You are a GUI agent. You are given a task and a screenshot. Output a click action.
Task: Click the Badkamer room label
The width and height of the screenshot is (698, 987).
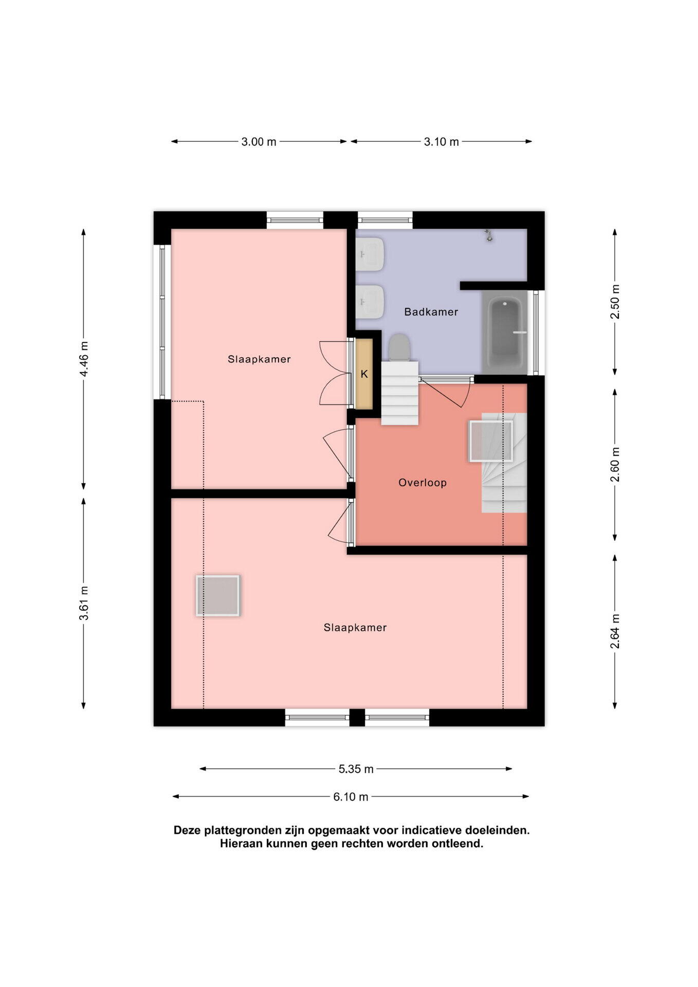click(431, 312)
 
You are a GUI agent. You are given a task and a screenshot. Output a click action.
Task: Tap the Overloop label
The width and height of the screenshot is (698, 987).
click(423, 483)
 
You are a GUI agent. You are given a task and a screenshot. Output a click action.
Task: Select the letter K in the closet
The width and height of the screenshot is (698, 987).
click(364, 374)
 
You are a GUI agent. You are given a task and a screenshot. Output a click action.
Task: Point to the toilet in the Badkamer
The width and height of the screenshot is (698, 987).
click(399, 348)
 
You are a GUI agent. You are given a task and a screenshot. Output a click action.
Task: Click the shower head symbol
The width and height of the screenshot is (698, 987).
click(489, 235)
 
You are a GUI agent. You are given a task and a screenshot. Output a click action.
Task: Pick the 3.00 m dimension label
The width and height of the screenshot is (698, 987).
click(259, 142)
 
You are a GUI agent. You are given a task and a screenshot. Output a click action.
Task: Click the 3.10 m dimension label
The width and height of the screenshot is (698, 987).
click(441, 142)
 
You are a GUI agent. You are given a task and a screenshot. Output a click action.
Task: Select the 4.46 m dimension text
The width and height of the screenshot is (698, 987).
click(84, 359)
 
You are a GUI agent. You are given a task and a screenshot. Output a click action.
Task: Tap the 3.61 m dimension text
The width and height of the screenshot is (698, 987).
click(84, 603)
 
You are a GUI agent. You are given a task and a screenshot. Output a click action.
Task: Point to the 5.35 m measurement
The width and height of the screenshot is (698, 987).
click(356, 769)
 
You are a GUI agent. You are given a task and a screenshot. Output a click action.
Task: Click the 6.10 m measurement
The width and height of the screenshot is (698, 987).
click(351, 797)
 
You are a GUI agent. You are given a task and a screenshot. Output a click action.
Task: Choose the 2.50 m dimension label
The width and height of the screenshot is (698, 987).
click(615, 301)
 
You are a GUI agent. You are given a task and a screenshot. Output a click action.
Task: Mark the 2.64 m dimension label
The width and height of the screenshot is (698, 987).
click(615, 631)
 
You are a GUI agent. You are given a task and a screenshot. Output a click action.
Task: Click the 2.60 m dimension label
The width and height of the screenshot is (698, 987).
click(615, 465)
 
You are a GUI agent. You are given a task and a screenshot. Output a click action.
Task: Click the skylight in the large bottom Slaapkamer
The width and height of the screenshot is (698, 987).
click(218, 595)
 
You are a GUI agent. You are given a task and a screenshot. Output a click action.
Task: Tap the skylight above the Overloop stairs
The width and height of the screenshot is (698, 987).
click(491, 441)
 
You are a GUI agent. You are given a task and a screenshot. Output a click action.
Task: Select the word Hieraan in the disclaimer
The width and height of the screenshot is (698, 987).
click(241, 844)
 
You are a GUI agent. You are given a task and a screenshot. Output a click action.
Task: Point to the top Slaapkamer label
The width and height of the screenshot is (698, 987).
click(259, 359)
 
